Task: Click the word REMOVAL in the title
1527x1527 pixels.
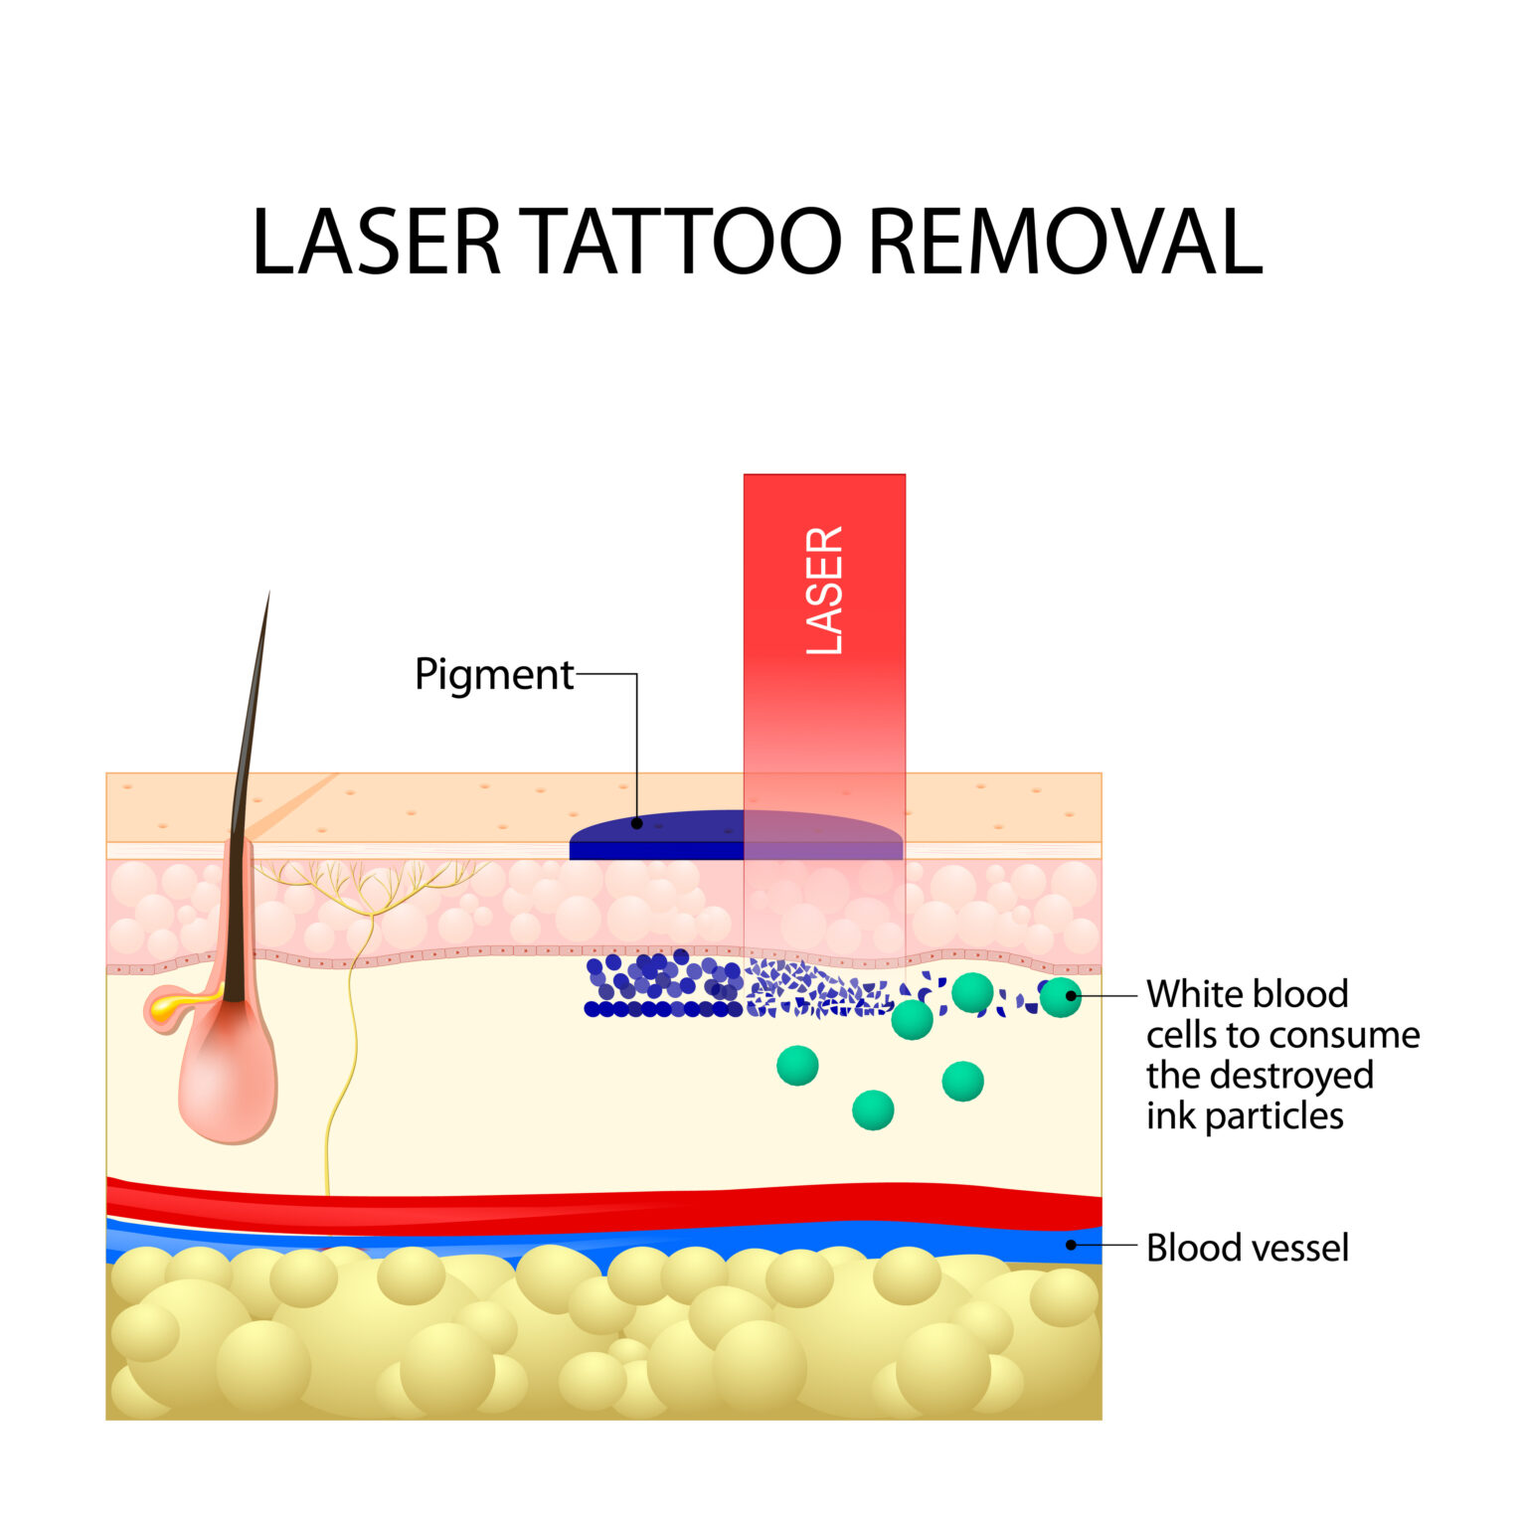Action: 1065,242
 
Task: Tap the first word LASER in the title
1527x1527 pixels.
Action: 376,242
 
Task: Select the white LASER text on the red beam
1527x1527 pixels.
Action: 824,591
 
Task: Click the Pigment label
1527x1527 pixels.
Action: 494,675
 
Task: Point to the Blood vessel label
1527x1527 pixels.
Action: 1247,1248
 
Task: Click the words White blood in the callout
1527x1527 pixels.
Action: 1247,994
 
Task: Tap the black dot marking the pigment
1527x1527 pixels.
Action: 637,823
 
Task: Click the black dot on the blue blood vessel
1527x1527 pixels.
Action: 1071,1245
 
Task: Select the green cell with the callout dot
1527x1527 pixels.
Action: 1060,997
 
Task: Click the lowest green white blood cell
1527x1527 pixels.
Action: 873,1109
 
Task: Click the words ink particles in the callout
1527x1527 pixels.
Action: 1245,1116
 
